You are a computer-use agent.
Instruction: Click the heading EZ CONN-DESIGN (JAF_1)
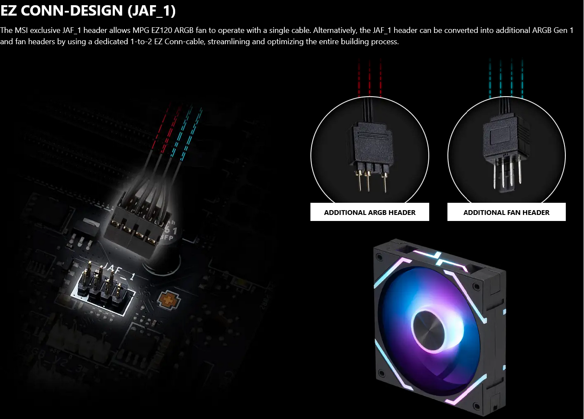[88, 11]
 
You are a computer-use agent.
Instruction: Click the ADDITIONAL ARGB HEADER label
[369, 212]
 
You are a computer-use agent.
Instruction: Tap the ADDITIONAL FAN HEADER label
[506, 212]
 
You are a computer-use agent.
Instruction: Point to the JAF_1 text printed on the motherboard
[119, 271]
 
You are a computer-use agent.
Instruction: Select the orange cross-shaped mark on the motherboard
[169, 300]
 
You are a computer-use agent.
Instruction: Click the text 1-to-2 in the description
[141, 42]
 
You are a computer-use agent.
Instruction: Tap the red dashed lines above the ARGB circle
[370, 78]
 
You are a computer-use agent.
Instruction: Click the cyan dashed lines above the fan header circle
[506, 78]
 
